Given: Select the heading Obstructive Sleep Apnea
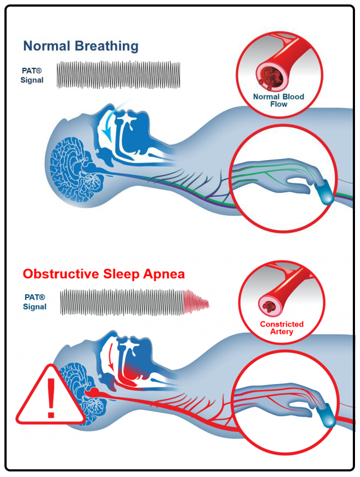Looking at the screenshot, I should [104, 274].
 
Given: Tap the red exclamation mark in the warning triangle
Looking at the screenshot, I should [51, 399].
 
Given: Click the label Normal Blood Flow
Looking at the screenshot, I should [278, 100].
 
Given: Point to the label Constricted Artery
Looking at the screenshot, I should [282, 327].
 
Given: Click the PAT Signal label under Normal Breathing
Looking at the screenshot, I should [33, 76].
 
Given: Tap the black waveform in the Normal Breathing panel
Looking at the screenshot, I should [119, 74].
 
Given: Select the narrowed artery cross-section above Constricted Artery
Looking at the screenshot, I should [271, 303].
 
